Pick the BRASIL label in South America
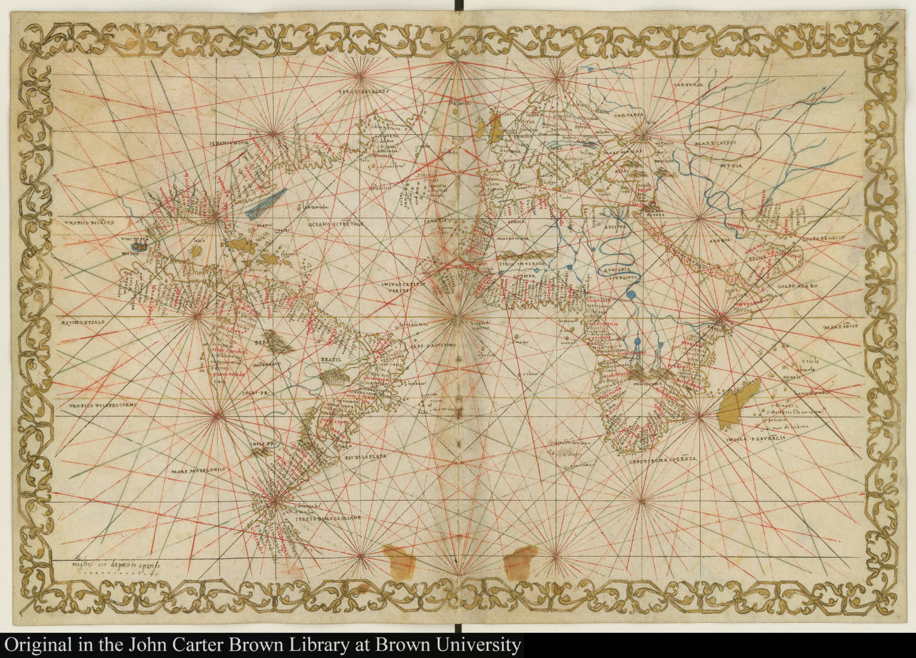click(331, 360)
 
